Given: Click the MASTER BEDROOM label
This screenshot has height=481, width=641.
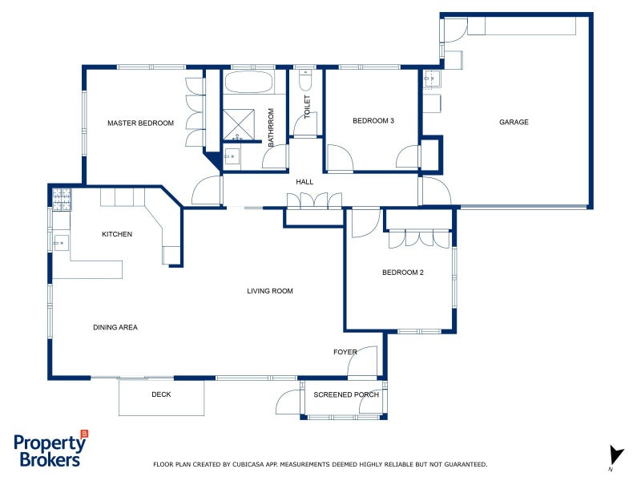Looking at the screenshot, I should pyautogui.click(x=140, y=123).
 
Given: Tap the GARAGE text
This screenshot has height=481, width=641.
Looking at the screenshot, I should pyautogui.click(x=514, y=122).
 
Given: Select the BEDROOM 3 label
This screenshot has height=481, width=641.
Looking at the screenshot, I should pyautogui.click(x=373, y=121).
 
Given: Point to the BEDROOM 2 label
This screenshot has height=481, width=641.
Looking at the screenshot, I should pyautogui.click(x=402, y=273).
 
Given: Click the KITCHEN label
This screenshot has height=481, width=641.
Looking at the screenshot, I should pyautogui.click(x=117, y=234).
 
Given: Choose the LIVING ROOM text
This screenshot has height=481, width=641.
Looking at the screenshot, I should pyautogui.click(x=270, y=291).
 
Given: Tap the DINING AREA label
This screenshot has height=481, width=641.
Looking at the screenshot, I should pyautogui.click(x=115, y=327).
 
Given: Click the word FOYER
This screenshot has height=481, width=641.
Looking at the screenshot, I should pyautogui.click(x=345, y=352).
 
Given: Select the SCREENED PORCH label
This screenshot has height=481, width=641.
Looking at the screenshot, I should pyautogui.click(x=346, y=394).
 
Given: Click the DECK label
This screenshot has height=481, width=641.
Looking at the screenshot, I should pyautogui.click(x=161, y=394).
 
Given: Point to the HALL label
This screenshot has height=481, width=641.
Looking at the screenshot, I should pyautogui.click(x=304, y=182).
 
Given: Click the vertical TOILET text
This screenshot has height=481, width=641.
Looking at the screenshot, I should pyautogui.click(x=307, y=107).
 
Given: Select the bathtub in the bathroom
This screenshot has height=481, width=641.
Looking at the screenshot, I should pyautogui.click(x=248, y=83).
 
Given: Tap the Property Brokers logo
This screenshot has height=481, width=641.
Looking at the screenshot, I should pyautogui.click(x=50, y=450).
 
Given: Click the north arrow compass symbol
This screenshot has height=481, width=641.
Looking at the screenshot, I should pyautogui.click(x=615, y=455).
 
